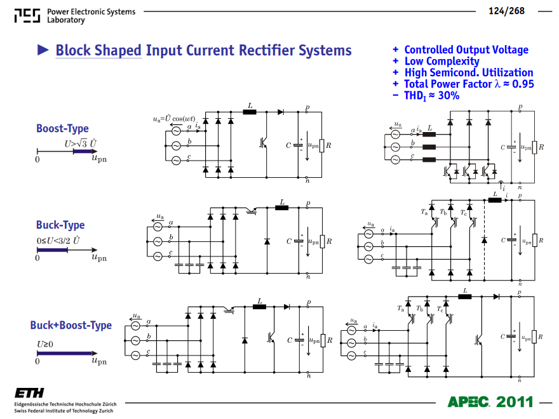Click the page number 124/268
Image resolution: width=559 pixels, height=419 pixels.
point(506,11)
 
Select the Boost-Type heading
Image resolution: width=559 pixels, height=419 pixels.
point(62,128)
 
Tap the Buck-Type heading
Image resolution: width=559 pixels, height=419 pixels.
point(60,225)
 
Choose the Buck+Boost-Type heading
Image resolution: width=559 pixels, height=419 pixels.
point(71,325)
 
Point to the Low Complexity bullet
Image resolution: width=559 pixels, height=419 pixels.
point(441,62)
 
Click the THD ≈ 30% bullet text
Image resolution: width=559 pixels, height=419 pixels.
point(431,96)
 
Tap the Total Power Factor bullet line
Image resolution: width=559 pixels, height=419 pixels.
point(469,84)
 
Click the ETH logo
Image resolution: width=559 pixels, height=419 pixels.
point(29,393)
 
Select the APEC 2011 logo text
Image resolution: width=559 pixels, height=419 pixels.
point(490,402)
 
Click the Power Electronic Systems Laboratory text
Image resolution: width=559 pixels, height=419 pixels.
point(91,16)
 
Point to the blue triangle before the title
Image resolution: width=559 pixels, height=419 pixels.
point(43,50)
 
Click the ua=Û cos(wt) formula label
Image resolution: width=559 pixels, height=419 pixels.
point(174,119)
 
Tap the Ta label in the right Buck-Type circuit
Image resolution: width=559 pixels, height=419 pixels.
point(424,212)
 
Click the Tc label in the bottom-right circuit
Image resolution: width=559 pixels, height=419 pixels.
point(440,309)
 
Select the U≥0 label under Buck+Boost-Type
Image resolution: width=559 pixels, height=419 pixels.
point(45,344)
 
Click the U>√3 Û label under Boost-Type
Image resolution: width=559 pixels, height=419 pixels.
point(81,143)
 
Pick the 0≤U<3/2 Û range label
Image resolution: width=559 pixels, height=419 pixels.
point(58,241)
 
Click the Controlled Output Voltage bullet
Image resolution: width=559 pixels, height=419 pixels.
point(466,50)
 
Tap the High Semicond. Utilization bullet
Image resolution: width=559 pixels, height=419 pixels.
point(469,72)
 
